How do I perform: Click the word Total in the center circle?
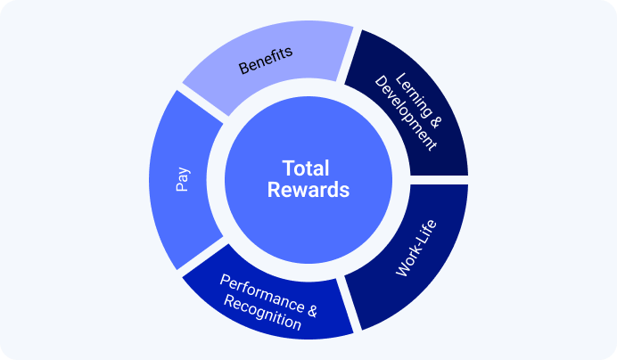pos(306,168)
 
